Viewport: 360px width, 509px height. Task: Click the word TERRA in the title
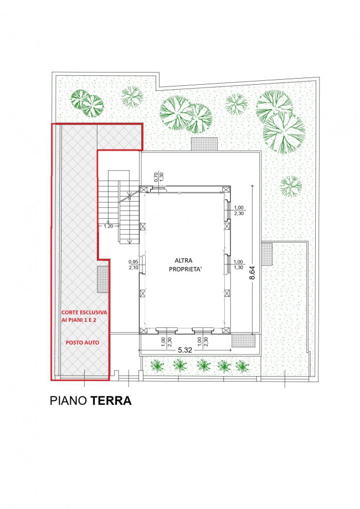tap(111, 400)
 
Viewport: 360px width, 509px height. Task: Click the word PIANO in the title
tap(68, 400)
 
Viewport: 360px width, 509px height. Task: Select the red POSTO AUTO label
tap(83, 342)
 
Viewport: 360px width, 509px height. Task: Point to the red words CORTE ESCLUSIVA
tap(84, 312)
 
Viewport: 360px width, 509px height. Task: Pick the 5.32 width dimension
tap(186, 350)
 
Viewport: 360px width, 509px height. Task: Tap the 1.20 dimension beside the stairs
tap(109, 227)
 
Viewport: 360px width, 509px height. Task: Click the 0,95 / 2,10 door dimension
tap(133, 264)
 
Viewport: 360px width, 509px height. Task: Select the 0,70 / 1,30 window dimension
tap(159, 177)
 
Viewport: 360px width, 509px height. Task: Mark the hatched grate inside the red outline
tap(102, 279)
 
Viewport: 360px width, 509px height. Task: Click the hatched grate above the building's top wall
tap(204, 144)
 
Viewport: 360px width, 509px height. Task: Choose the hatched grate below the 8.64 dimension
tap(242, 340)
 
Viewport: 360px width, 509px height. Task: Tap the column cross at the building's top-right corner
tap(226, 189)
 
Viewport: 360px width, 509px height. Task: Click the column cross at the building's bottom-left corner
tap(143, 331)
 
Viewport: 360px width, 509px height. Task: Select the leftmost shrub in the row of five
tap(157, 366)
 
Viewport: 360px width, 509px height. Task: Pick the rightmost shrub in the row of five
tap(242, 366)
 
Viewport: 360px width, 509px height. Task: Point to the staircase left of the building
tap(119, 207)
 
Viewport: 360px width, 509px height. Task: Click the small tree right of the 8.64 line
tap(291, 186)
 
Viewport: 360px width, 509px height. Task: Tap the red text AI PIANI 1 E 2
tap(79, 320)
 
